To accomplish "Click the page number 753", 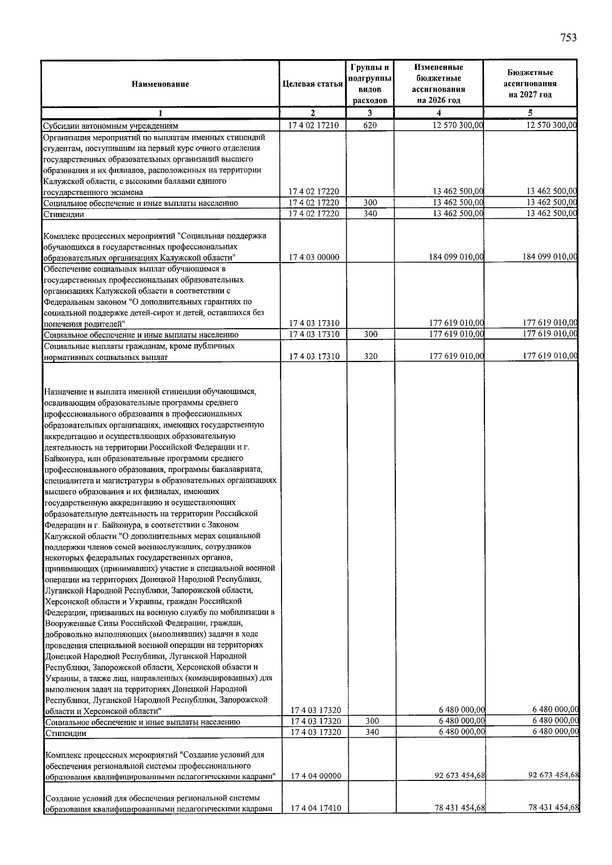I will [x=568, y=37].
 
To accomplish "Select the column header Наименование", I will [x=160, y=84].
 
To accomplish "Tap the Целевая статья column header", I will [x=312, y=84].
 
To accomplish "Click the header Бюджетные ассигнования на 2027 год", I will [x=530, y=84].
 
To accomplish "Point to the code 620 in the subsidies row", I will [x=370, y=125].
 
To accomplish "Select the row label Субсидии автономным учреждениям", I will [x=110, y=126].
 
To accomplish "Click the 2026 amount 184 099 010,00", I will [x=456, y=257].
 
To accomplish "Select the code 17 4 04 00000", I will [x=316, y=776].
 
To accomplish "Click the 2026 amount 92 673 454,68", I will [x=460, y=775].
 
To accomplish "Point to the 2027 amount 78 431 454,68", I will [x=553, y=808].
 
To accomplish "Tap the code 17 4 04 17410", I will [x=316, y=808].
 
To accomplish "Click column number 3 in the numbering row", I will [x=370, y=113].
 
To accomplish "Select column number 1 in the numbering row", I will [x=160, y=113].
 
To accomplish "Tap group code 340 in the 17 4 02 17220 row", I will [x=370, y=214].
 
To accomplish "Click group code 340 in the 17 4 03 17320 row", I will [x=372, y=732].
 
